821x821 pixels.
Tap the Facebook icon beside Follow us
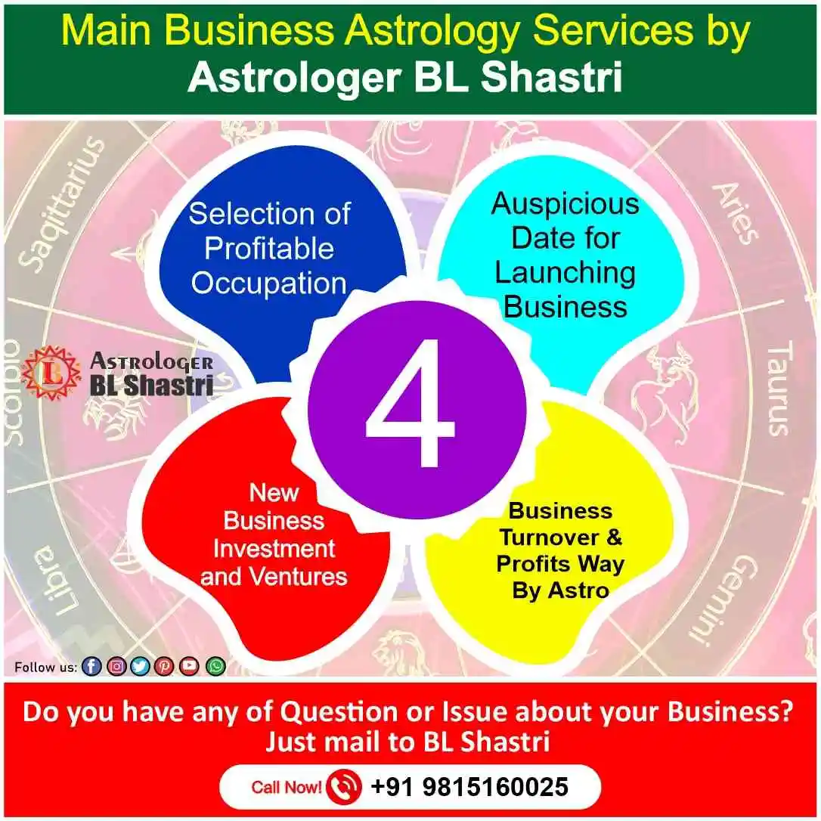pyautogui.click(x=91, y=666)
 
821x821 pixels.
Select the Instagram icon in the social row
pyautogui.click(x=116, y=666)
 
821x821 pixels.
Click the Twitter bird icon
pyautogui.click(x=140, y=666)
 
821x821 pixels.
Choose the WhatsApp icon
pyautogui.click(x=216, y=666)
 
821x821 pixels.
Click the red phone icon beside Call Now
pyautogui.click(x=345, y=787)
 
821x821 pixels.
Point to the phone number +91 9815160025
pyautogui.click(x=469, y=787)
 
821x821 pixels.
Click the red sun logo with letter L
pyautogui.click(x=51, y=373)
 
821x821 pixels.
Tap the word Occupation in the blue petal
pyautogui.click(x=268, y=283)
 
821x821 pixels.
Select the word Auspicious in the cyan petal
pyautogui.click(x=565, y=203)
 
